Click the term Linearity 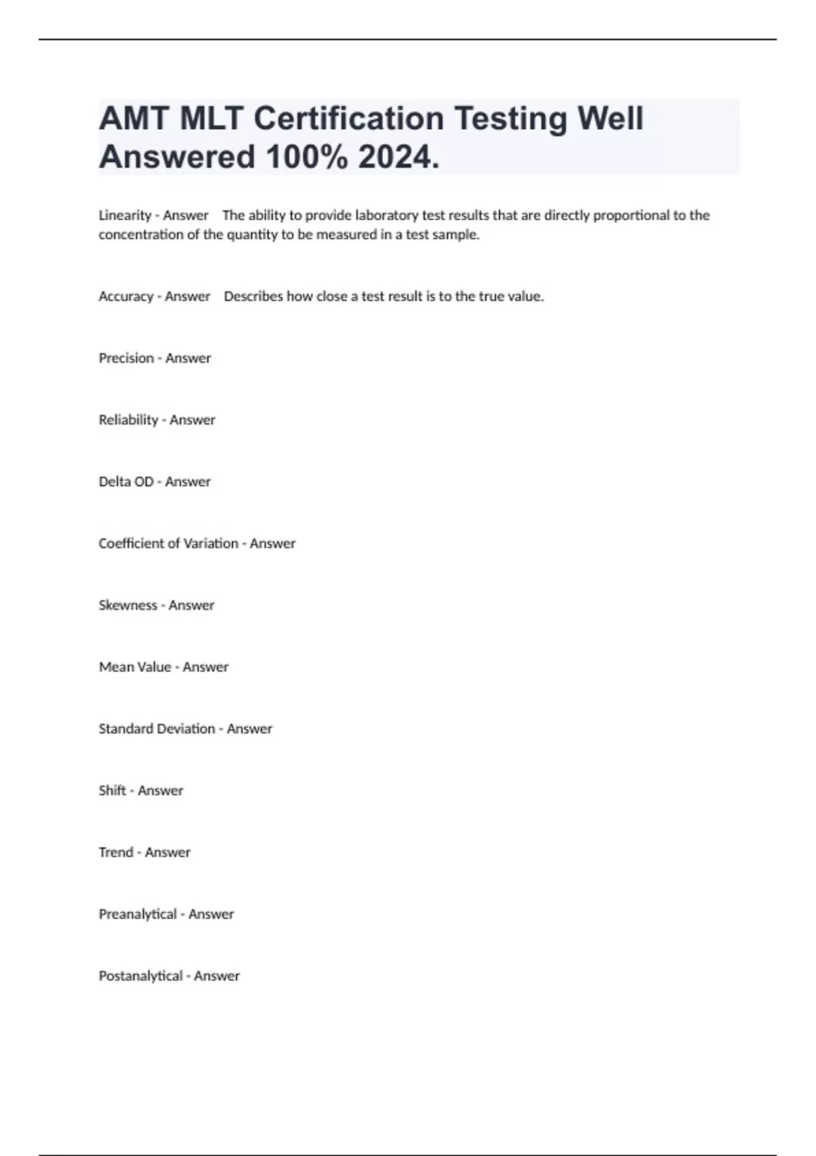125,216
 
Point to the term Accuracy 126,296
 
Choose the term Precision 126,358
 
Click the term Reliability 129,420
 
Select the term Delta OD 126,482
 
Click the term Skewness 128,605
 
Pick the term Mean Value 135,667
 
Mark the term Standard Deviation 157,729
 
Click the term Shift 112,791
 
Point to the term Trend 116,853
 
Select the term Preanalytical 138,915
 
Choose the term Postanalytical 141,976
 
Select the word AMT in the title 134,118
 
